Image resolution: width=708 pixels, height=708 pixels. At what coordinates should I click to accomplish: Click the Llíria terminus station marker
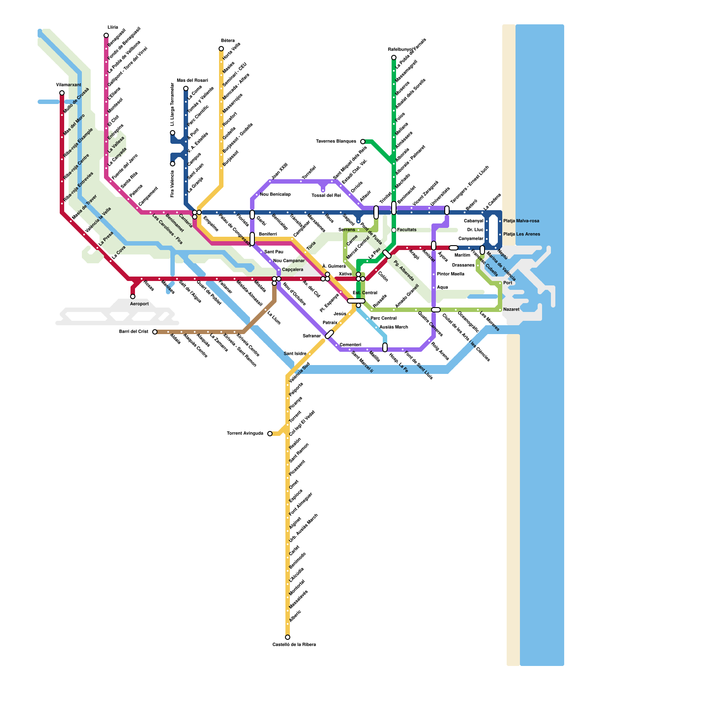tap(106, 35)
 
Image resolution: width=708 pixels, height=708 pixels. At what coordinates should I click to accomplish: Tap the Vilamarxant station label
tap(69, 85)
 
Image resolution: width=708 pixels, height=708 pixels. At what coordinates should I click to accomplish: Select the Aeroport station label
tap(139, 304)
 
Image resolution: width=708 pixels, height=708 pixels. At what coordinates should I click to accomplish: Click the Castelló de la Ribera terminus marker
tap(288, 637)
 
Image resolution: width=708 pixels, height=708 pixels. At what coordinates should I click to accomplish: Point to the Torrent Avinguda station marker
tap(270, 434)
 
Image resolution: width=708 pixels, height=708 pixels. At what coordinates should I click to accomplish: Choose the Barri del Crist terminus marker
tap(155, 332)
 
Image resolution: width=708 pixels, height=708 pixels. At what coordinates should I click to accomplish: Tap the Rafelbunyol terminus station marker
tap(394, 58)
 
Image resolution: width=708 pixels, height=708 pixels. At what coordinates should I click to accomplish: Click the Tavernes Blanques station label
tap(336, 142)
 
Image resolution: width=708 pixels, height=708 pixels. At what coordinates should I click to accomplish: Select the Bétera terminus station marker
tap(221, 49)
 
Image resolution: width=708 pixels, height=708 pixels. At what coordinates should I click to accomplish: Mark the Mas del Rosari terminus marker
tap(186, 88)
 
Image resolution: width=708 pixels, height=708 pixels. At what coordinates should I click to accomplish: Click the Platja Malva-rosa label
tap(521, 221)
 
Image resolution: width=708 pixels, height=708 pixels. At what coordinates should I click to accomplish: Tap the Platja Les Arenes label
tap(522, 234)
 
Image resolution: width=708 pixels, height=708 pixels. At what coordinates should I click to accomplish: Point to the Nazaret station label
tap(511, 309)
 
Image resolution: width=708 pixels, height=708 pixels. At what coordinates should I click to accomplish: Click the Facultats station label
tap(407, 230)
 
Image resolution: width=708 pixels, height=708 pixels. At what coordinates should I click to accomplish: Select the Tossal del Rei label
tap(326, 195)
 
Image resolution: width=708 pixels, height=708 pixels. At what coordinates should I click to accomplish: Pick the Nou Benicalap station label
tap(275, 194)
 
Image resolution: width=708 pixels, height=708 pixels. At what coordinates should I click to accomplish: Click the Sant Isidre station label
tap(295, 354)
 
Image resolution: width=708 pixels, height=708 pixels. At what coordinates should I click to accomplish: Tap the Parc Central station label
tap(383, 318)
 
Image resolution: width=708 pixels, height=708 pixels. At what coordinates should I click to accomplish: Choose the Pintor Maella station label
tap(450, 274)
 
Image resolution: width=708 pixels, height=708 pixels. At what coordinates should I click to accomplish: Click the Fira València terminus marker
tap(173, 164)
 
